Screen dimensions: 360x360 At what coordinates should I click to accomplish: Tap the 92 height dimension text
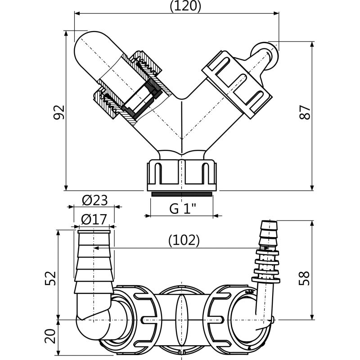click(x=59, y=112)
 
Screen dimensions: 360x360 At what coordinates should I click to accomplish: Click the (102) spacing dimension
click(x=184, y=240)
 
